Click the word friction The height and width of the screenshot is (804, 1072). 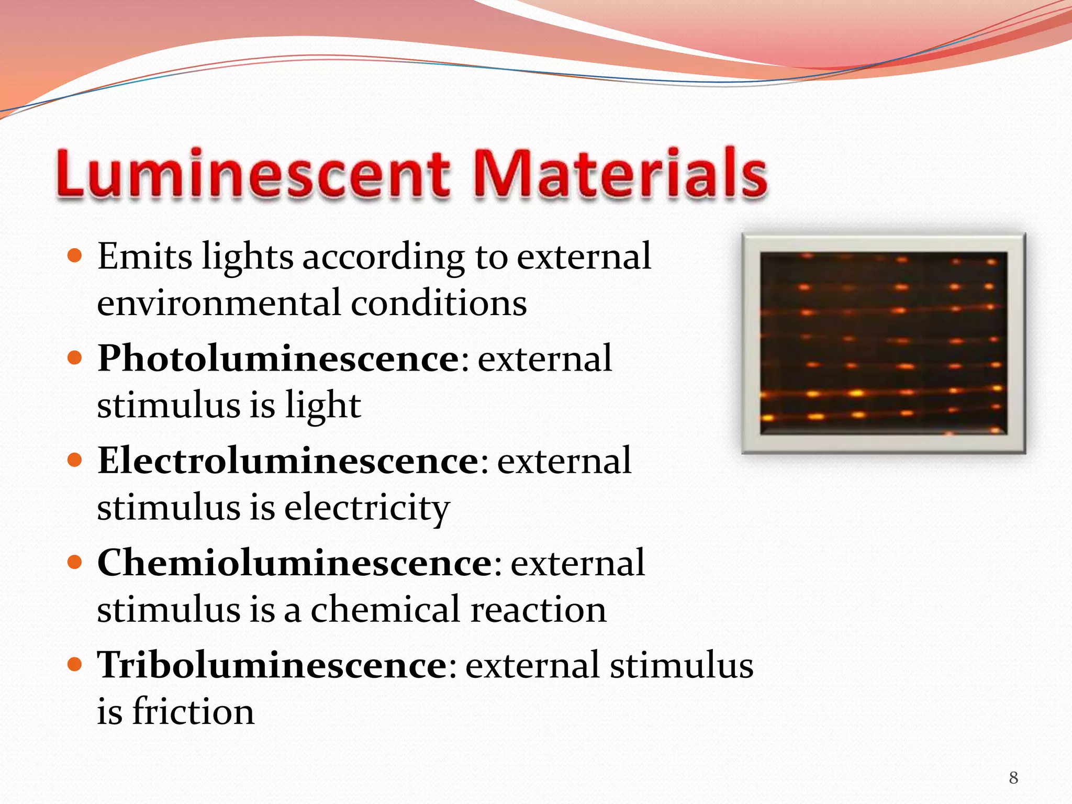pos(193,712)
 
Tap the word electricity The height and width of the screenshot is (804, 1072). pos(367,508)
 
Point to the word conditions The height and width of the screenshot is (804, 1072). pos(439,304)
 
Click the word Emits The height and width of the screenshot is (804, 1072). pos(145,257)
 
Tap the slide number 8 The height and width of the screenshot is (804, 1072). pos(1013,778)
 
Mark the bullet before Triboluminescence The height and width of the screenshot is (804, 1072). pos(75,665)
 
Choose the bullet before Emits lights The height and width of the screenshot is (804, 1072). pos(75,256)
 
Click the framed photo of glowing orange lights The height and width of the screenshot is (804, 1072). pos(884,343)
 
